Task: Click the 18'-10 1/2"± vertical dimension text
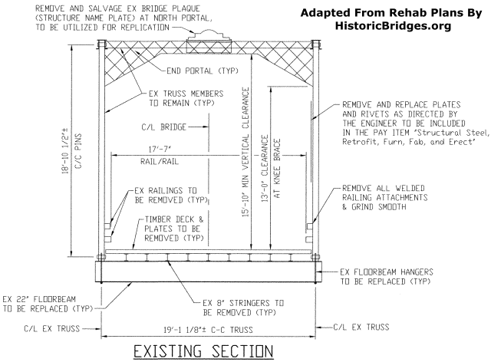(x=71, y=142)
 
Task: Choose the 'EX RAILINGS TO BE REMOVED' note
(x=165, y=195)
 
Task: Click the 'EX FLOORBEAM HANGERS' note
(x=392, y=277)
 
